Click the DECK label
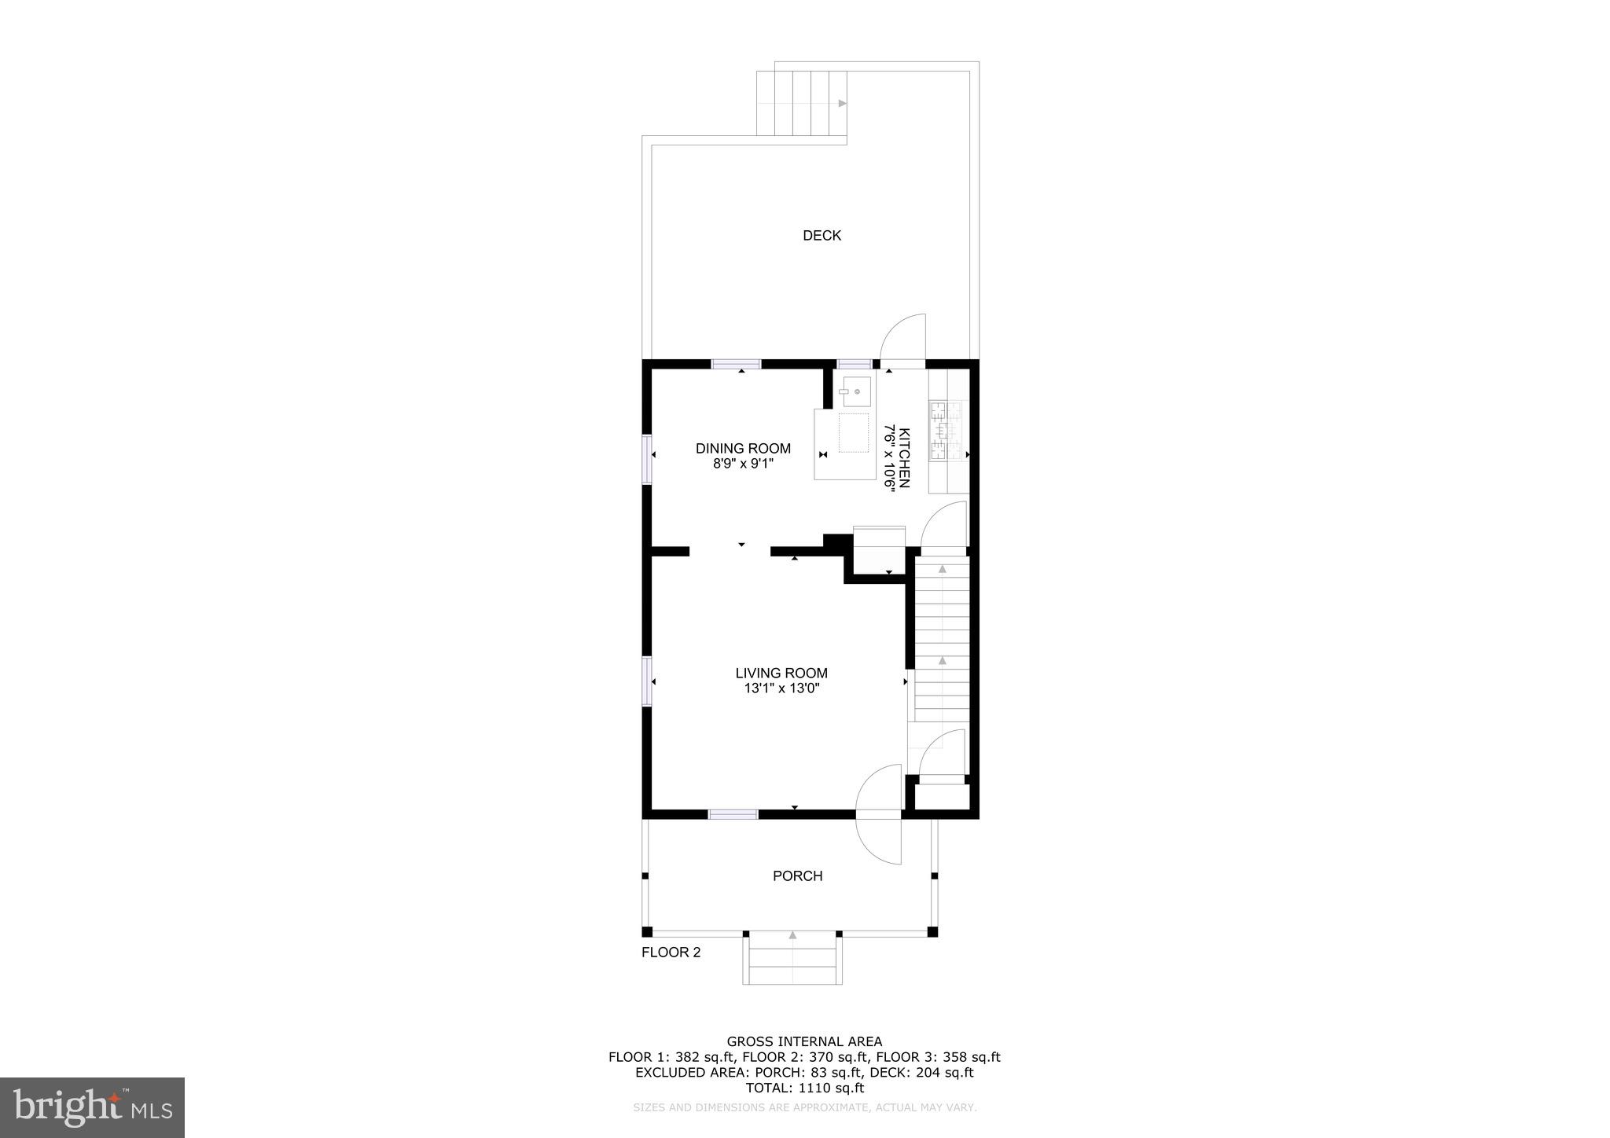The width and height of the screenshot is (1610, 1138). (x=822, y=235)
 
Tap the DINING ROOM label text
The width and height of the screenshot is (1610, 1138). (x=743, y=449)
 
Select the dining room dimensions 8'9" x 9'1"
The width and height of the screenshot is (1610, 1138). (x=743, y=464)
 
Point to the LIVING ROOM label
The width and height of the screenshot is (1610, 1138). (x=781, y=673)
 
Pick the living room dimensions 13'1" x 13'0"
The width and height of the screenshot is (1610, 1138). (x=781, y=688)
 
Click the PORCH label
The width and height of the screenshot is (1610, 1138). (x=797, y=876)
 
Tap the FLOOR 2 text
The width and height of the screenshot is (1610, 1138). (x=671, y=953)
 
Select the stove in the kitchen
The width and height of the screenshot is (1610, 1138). (x=947, y=430)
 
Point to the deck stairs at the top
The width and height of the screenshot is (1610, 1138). (x=802, y=103)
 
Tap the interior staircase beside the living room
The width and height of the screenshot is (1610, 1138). (x=942, y=641)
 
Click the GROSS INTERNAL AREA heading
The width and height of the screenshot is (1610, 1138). (x=804, y=1042)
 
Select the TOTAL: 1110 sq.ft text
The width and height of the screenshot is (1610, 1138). (x=804, y=1088)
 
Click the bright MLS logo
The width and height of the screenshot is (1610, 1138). (x=93, y=1107)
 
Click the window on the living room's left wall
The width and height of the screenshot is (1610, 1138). (x=647, y=681)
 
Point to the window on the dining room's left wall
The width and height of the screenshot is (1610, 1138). (x=647, y=459)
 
